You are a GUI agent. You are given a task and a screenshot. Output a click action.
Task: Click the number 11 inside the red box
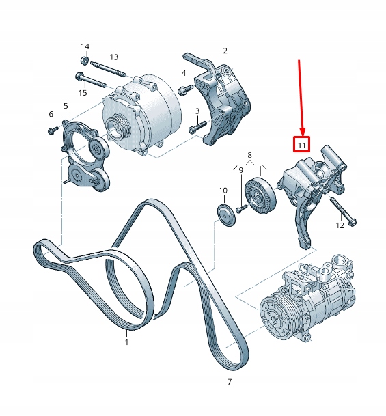click(x=301, y=145)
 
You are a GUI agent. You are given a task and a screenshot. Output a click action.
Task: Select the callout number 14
click(x=85, y=46)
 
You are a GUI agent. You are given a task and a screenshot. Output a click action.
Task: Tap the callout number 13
click(x=114, y=57)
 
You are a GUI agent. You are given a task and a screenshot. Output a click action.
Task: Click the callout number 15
click(x=83, y=92)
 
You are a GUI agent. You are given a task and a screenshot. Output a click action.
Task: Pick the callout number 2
click(x=225, y=51)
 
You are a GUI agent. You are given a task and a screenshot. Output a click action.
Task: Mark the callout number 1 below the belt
click(x=126, y=342)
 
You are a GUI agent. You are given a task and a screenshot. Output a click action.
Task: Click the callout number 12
click(x=340, y=225)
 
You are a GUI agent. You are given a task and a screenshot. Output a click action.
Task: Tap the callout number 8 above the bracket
click(x=249, y=156)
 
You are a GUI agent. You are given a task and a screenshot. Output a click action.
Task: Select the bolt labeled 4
click(x=183, y=89)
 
